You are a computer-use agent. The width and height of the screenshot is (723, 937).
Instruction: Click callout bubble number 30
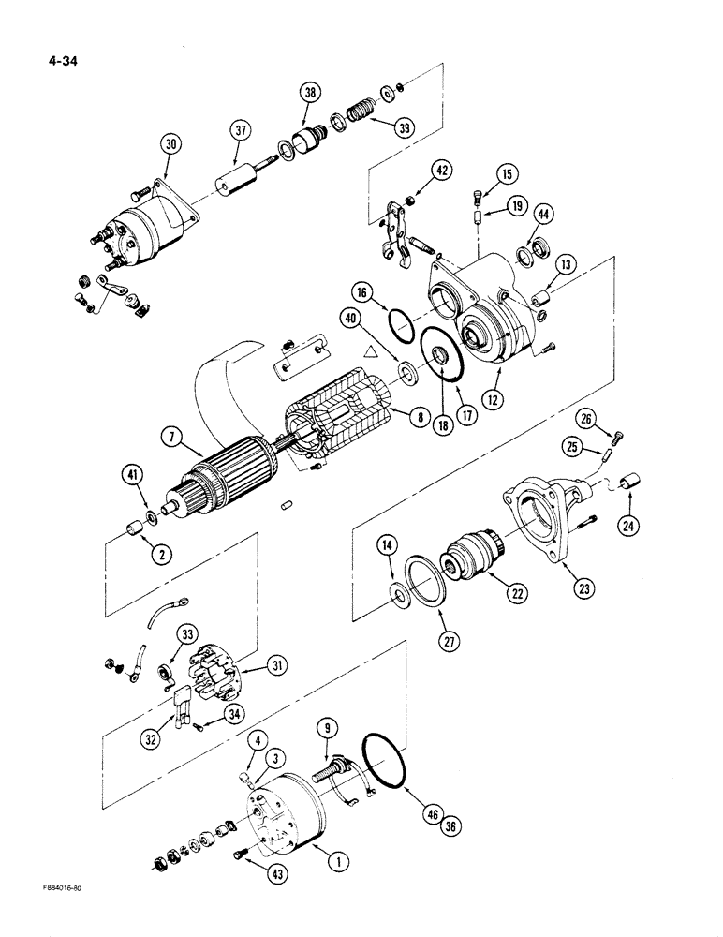pos(170,145)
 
